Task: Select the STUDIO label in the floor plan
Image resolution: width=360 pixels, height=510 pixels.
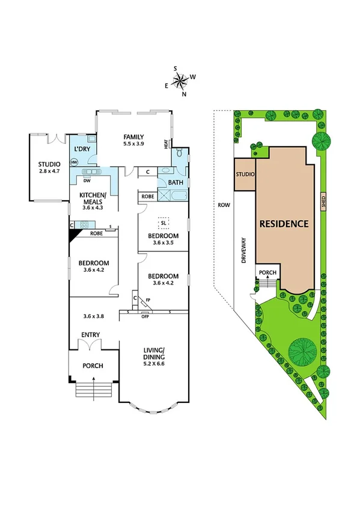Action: [x=49, y=164]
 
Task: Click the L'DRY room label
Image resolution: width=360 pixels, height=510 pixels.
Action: [x=82, y=149]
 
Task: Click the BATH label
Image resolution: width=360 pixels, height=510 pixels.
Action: [x=175, y=182]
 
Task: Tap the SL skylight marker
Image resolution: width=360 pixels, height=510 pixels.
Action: [x=163, y=223]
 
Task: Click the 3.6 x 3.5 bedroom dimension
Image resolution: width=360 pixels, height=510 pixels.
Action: [x=163, y=244]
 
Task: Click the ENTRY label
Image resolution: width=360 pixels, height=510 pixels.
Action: [x=90, y=335]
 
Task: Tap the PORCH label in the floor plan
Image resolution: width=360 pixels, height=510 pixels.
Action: [x=93, y=366]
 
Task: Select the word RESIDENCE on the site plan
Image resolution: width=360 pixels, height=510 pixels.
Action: [x=284, y=224]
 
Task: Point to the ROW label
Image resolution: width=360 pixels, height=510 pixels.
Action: [x=224, y=205]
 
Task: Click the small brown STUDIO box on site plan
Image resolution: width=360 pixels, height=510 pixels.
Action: [x=245, y=174]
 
